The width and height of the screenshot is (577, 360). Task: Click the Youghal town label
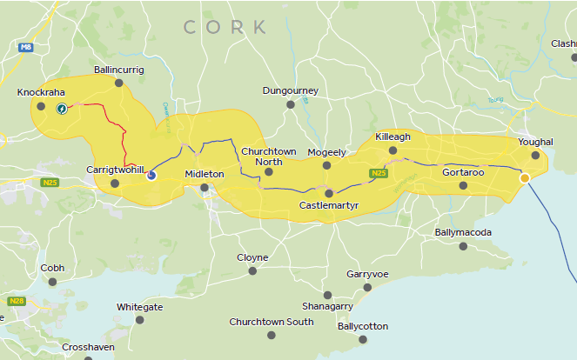535,142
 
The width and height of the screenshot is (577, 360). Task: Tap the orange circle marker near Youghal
524,178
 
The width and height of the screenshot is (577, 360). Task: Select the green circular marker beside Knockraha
62,109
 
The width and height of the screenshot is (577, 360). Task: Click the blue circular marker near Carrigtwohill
151,175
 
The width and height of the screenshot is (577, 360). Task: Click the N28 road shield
16,301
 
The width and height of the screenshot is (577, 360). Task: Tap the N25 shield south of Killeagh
378,174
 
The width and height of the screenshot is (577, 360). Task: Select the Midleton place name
205,174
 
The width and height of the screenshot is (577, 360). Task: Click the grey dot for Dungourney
291,104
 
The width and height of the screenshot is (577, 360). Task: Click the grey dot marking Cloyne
252,270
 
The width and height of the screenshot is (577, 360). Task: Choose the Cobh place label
52,268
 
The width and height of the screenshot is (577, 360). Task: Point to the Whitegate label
139,307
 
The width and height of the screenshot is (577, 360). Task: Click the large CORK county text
225,27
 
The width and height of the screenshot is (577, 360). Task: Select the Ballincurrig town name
118,70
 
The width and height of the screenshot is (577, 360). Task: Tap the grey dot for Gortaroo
463,185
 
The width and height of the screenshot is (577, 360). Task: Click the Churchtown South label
272,322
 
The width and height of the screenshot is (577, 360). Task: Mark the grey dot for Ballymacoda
463,246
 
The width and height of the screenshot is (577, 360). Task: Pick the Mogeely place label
326,152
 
